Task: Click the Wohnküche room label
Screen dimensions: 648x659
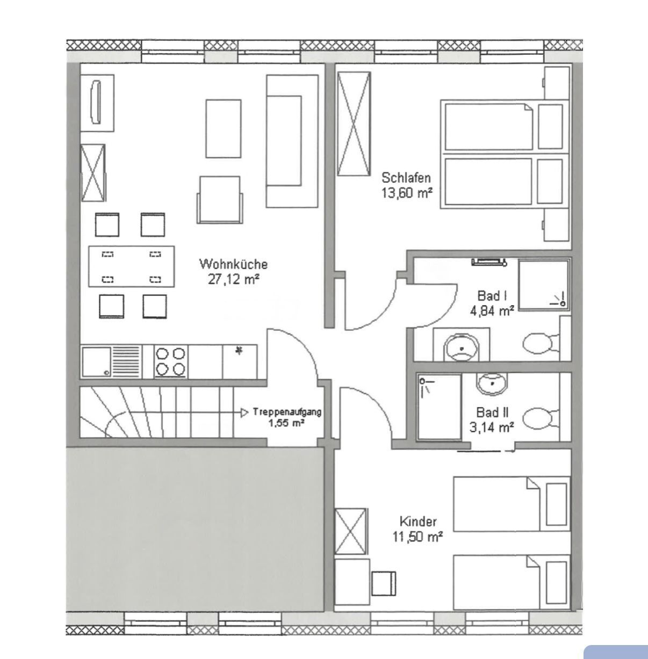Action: point(233,264)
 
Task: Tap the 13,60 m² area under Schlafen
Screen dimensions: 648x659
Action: point(407,193)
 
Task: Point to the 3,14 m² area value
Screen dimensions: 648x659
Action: point(492,427)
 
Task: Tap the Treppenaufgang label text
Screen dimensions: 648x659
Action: point(287,411)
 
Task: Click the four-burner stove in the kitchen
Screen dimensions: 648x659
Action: point(171,362)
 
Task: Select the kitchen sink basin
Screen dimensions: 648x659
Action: point(97,362)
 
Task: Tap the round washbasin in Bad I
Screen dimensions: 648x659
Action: point(461,348)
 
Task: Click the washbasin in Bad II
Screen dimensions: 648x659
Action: point(492,383)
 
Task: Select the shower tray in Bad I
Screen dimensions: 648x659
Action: point(545,285)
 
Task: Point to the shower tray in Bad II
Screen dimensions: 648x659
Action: point(439,407)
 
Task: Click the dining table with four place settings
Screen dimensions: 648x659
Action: point(132,266)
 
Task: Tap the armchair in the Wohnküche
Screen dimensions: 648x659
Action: point(220,200)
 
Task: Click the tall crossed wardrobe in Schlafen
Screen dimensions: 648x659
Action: point(354,124)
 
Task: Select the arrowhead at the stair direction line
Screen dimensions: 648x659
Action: point(244,413)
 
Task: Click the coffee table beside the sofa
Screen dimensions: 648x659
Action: point(224,128)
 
